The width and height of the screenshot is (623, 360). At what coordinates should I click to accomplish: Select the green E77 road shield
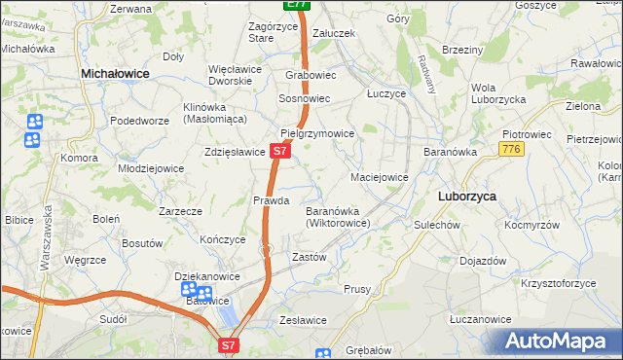(298, 5)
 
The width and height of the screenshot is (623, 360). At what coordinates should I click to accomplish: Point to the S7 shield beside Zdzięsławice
(279, 152)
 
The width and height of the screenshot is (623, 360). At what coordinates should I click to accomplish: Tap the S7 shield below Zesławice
(228, 344)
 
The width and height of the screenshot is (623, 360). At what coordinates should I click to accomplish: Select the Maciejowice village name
(379, 177)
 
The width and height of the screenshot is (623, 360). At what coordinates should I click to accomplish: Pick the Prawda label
(272, 200)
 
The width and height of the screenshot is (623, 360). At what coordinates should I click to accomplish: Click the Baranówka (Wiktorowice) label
(337, 216)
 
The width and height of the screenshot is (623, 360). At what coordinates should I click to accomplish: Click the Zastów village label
(310, 257)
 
